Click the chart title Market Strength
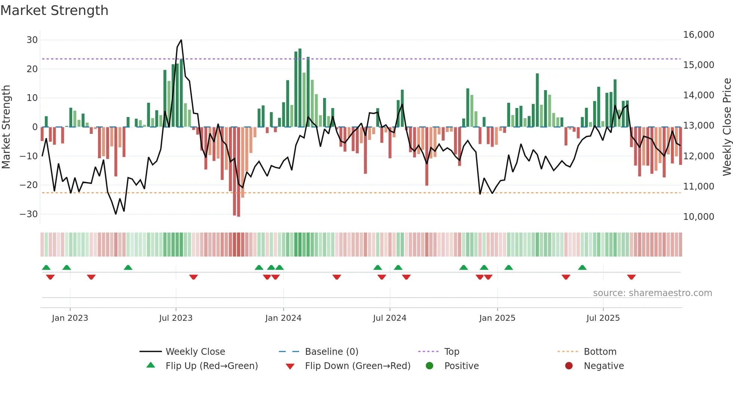(54, 10)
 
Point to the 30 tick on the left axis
(32, 40)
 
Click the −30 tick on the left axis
(29, 214)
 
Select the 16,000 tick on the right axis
(698, 35)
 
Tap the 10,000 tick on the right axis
(698, 217)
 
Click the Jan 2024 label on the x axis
(283, 318)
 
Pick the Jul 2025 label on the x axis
(603, 318)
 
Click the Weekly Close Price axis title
(727, 127)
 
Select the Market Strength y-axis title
(6, 127)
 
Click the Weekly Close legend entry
(195, 352)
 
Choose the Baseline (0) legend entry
(331, 352)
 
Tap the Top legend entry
(451, 352)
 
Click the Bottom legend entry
(600, 352)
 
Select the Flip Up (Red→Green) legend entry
(211, 366)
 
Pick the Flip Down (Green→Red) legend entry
(357, 366)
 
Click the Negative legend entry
(604, 366)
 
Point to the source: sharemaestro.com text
(652, 293)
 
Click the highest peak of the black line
(181, 40)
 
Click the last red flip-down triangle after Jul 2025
(631, 277)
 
